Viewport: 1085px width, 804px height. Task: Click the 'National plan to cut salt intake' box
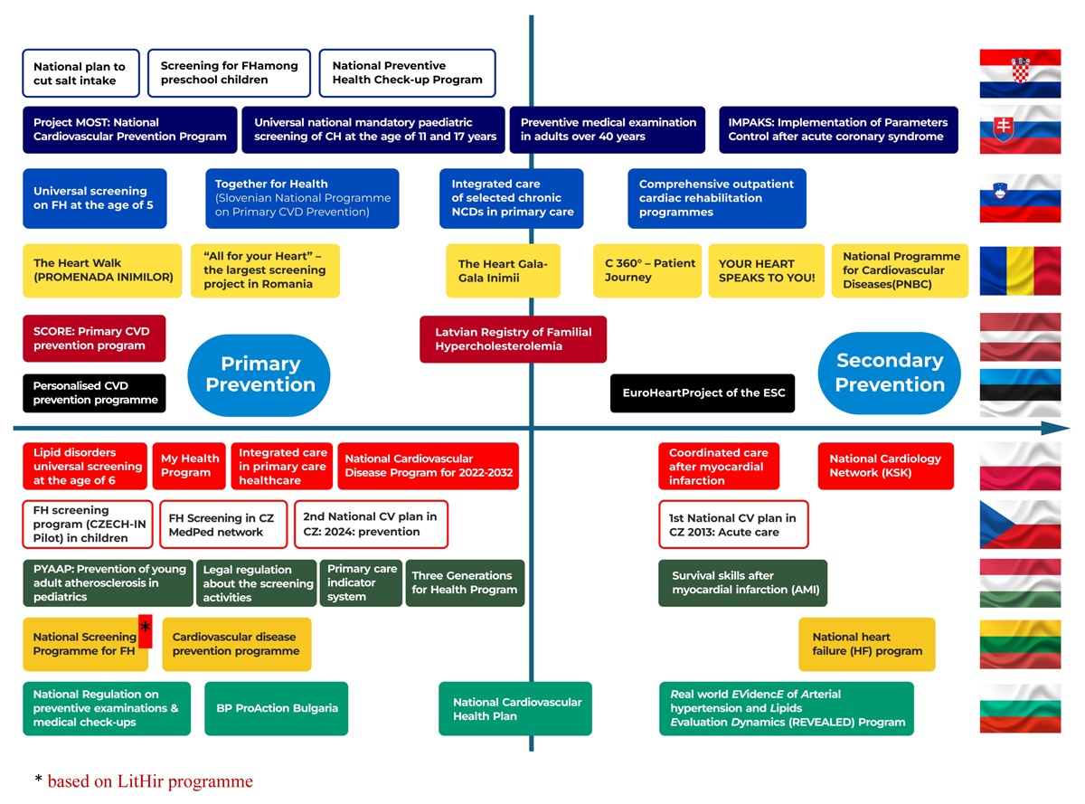[80, 73]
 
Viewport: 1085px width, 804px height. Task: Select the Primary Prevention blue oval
[259, 374]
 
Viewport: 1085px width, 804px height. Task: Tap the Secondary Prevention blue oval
[890, 373]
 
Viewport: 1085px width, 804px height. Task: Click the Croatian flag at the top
[1020, 73]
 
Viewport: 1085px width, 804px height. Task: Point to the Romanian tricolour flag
[1020, 270]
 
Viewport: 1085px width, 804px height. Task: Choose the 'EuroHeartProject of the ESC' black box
[703, 393]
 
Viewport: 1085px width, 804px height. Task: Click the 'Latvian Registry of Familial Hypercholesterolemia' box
[514, 339]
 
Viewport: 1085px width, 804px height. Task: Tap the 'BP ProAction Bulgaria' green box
[277, 708]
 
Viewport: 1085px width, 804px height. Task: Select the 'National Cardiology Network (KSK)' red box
[885, 466]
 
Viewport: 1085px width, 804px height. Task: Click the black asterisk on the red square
[145, 629]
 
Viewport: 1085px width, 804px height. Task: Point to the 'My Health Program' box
[189, 466]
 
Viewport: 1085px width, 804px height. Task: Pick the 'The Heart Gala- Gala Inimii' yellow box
[503, 270]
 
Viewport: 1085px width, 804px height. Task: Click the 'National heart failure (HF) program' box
[866, 644]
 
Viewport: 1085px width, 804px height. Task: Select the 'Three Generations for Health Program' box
[465, 582]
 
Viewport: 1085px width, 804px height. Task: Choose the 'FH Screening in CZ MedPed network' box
[222, 525]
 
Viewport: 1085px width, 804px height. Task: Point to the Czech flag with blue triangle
[1020, 525]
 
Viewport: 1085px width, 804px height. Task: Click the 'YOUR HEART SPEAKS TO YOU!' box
[766, 270]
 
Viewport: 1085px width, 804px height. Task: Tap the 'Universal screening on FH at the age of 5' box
[94, 198]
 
